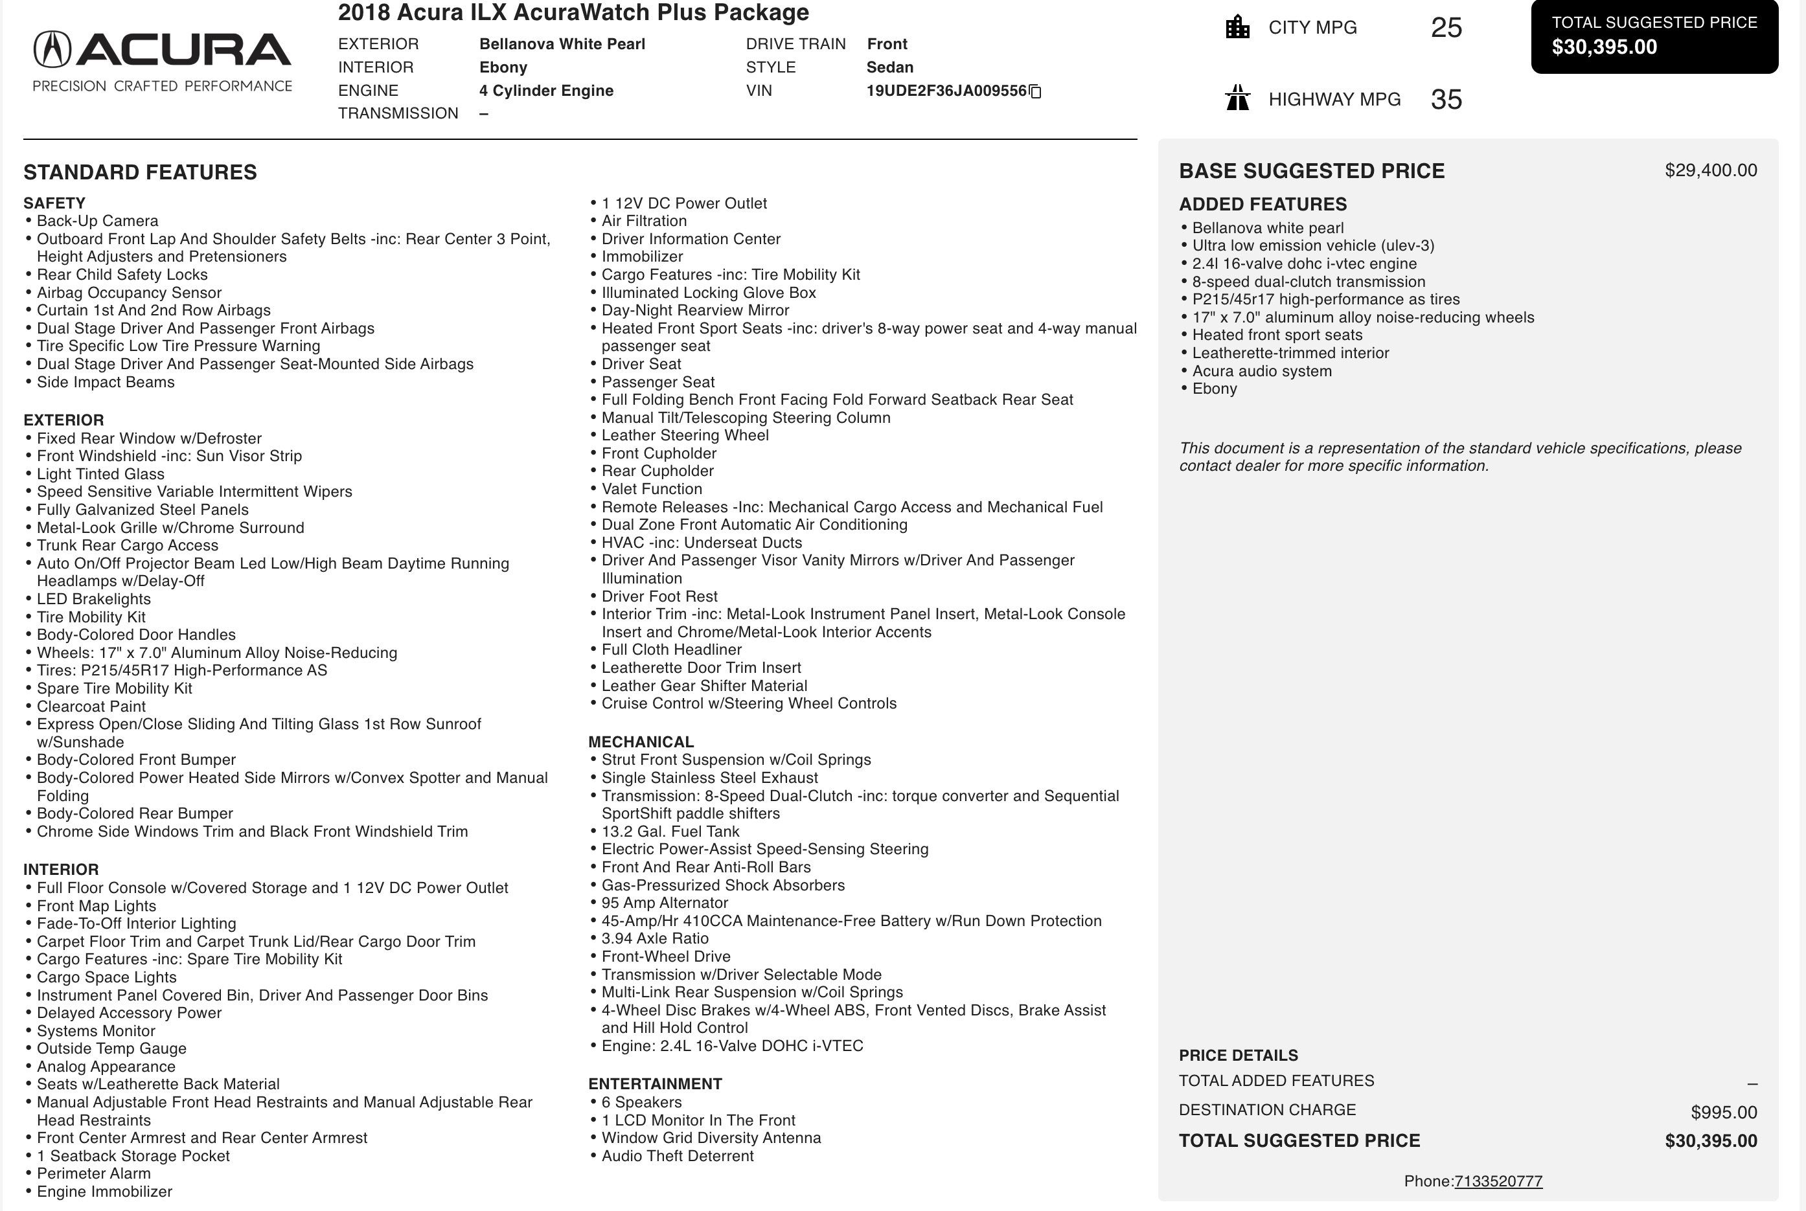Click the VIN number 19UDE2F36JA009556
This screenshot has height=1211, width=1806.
click(946, 91)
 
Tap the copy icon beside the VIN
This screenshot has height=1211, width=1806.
click(1036, 92)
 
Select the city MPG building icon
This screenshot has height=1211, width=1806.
click(1237, 27)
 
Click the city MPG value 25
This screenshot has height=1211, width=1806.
click(1446, 28)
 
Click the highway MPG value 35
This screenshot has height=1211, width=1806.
click(1446, 100)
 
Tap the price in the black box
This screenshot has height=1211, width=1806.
click(1605, 47)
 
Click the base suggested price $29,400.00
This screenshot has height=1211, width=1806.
click(1710, 171)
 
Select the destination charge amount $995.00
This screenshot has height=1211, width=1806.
click(1723, 1112)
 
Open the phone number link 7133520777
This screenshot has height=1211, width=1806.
click(1498, 1181)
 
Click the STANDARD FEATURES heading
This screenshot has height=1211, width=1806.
click(140, 172)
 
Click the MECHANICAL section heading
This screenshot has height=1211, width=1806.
click(641, 742)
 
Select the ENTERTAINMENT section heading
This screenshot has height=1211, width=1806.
click(655, 1084)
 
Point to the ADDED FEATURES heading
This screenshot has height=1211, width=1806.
click(1262, 205)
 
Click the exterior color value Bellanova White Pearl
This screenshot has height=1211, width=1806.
click(562, 44)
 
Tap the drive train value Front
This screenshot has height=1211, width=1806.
click(887, 44)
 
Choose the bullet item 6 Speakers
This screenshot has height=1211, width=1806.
click(641, 1102)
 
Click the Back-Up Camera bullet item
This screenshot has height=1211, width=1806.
click(97, 221)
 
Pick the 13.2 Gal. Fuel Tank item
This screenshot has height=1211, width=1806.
click(670, 832)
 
